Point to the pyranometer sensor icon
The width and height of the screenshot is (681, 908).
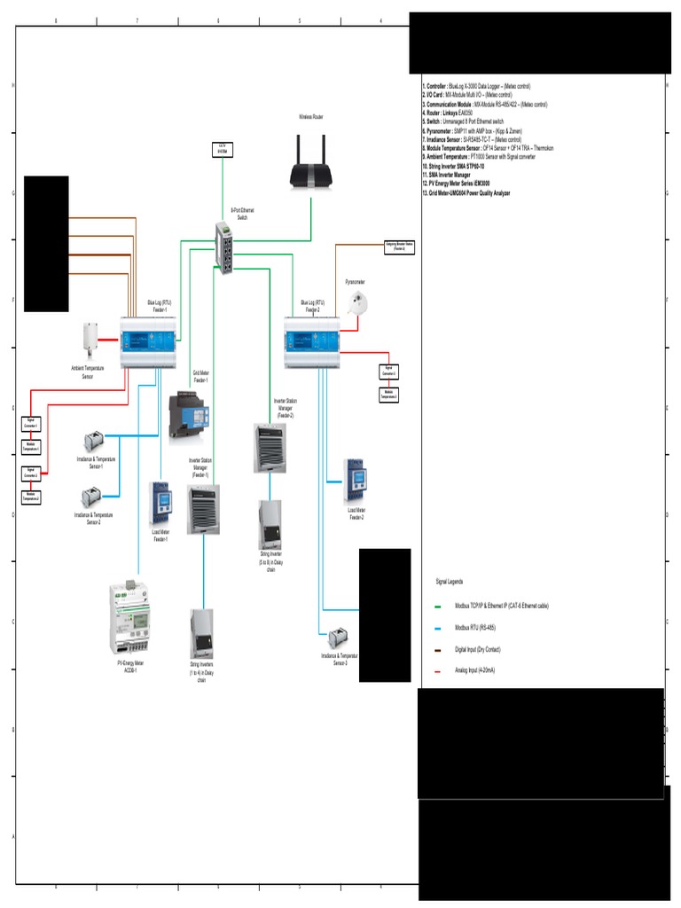point(359,304)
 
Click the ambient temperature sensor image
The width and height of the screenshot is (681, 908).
point(90,338)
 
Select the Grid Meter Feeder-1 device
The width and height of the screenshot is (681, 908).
point(188,416)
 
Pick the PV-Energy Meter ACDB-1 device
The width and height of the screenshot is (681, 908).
point(130,618)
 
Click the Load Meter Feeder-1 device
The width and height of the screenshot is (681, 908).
point(160,503)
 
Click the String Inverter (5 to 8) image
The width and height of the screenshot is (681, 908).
point(270,525)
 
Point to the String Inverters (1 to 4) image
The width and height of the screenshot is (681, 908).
point(201,633)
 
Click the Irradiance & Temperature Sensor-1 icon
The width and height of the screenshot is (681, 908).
point(94,440)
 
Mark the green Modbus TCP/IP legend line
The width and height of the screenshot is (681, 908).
point(438,607)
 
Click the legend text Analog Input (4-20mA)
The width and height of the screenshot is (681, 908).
point(475,670)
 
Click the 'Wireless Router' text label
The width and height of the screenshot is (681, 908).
point(311,116)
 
